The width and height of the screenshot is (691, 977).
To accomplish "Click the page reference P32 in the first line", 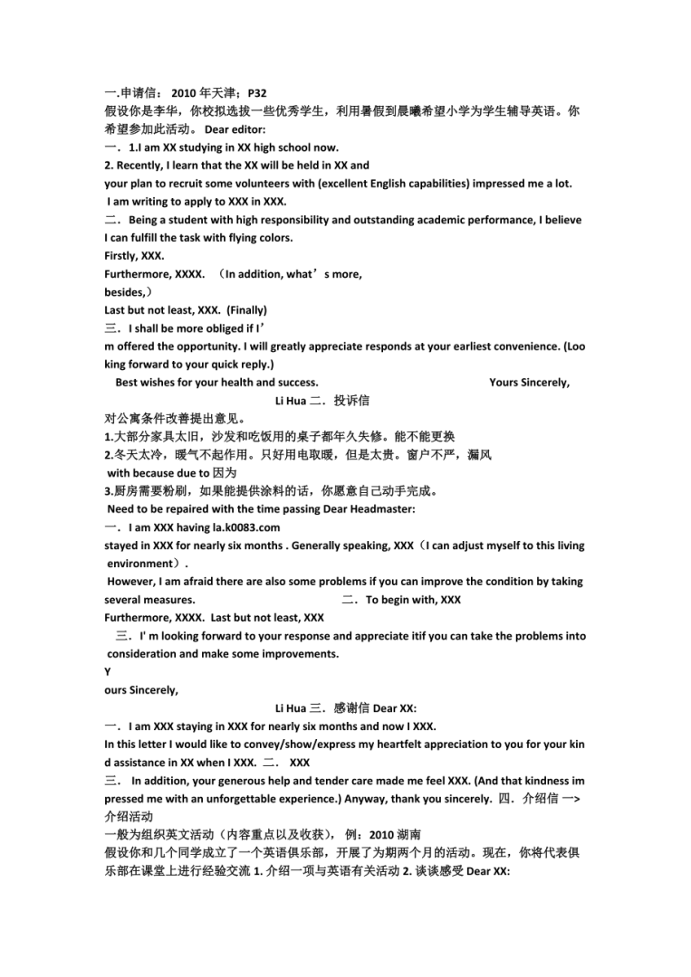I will pyautogui.click(x=256, y=93).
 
